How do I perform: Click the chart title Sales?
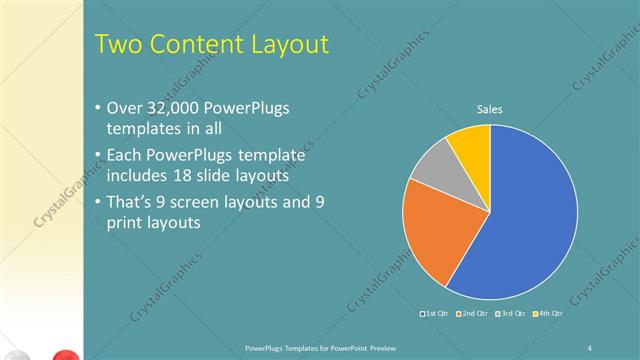pos(489,109)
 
